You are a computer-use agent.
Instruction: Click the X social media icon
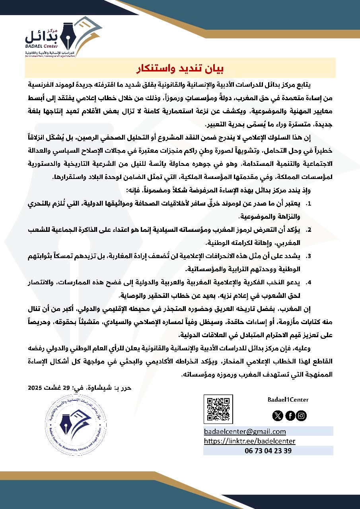point(277,416)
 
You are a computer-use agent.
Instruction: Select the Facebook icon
point(290,416)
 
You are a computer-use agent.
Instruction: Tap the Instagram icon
point(302,416)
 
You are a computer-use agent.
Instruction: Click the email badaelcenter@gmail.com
point(245,431)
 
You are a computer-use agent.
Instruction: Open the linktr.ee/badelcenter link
point(249,441)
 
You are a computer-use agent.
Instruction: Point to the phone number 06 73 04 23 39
point(268,451)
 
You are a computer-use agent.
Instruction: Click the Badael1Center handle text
point(288,400)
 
